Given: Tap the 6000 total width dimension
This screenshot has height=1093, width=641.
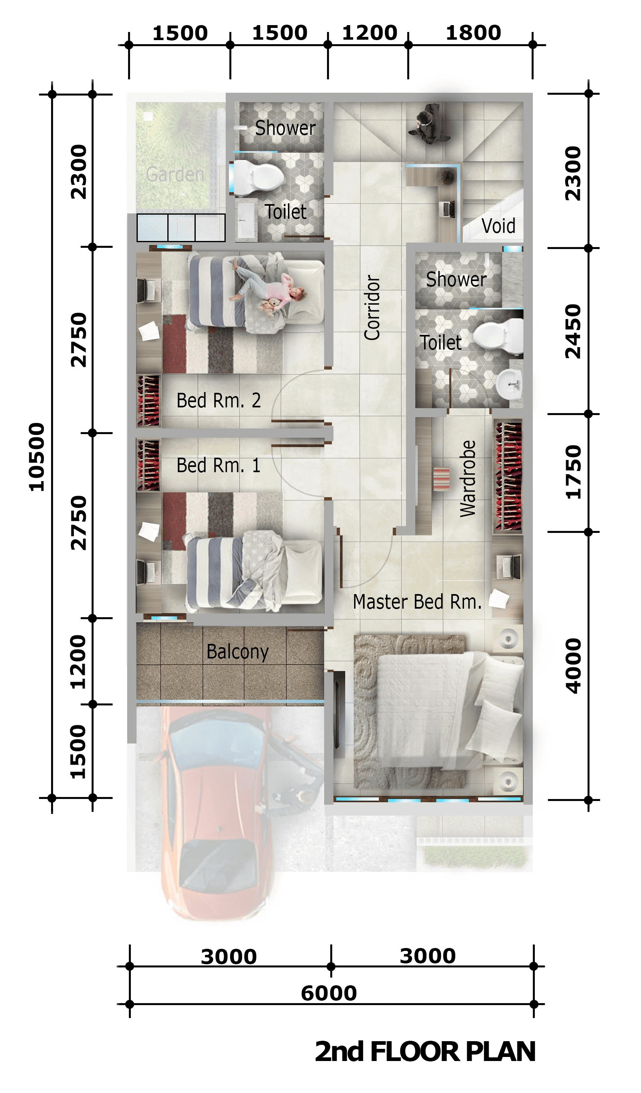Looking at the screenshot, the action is click(x=329, y=993).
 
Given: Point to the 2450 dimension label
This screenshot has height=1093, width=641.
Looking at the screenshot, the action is click(x=573, y=331).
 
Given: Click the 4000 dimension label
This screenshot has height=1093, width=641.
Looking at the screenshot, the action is click(x=573, y=665).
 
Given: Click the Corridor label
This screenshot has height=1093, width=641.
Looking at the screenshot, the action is click(x=372, y=307).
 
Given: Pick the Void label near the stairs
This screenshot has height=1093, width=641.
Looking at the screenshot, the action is click(x=498, y=226).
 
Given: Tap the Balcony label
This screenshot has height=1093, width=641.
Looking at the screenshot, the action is click(x=237, y=652).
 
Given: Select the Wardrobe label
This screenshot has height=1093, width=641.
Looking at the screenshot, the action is click(x=468, y=478).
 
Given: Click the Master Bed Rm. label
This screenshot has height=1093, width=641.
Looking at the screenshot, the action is click(x=417, y=602).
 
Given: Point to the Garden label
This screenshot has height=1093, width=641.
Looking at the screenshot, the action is click(x=175, y=175).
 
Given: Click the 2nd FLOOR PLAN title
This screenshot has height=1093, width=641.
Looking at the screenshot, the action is click(x=425, y=1051).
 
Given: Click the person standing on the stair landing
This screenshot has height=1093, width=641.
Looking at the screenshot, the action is click(x=427, y=123).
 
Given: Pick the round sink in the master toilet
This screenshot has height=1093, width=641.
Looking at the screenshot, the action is click(x=509, y=384).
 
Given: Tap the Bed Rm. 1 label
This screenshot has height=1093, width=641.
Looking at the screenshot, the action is click(x=218, y=465).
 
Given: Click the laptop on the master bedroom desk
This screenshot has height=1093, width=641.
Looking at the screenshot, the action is click(x=511, y=567).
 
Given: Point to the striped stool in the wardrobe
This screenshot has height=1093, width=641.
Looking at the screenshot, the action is click(x=441, y=479).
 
